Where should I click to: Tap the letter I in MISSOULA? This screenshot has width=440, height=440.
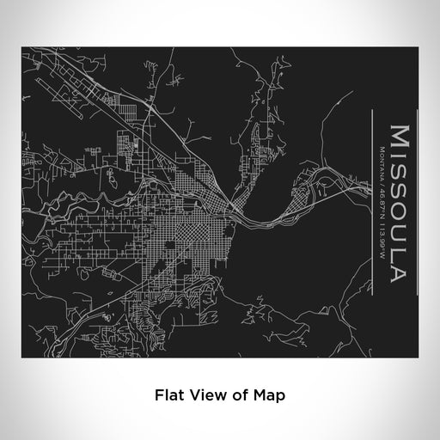pyautogui.click(x=399, y=156)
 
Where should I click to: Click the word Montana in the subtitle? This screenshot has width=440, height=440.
pyautogui.click(x=381, y=159)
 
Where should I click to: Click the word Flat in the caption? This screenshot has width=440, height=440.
pyautogui.click(x=169, y=395)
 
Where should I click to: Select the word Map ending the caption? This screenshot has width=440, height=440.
pyautogui.click(x=264, y=395)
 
